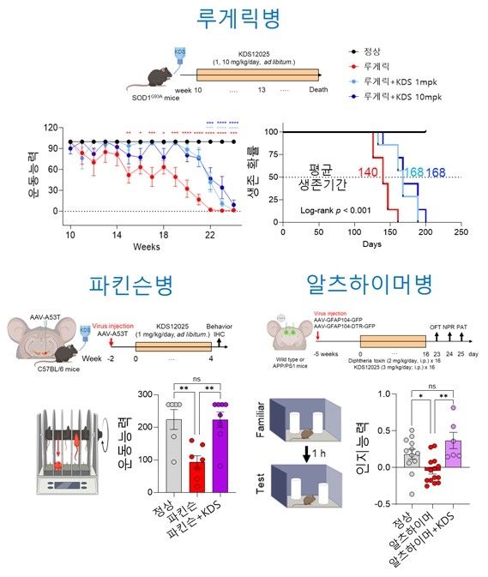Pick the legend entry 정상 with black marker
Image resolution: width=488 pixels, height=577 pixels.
pyautogui.click(x=374, y=52)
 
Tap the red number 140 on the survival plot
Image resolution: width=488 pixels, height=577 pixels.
pyautogui.click(x=368, y=173)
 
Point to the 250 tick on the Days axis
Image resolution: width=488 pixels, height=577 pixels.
pyautogui.click(x=461, y=231)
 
